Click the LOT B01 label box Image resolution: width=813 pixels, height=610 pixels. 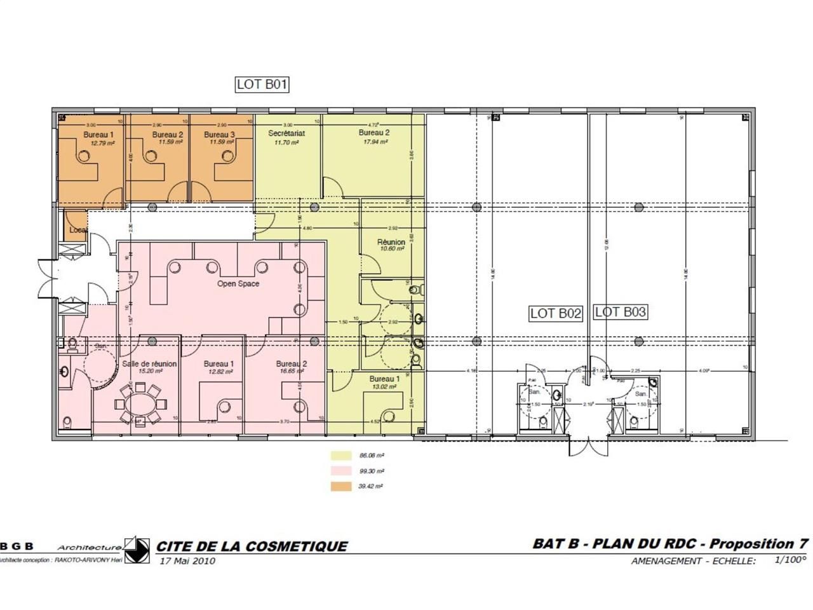pyautogui.click(x=262, y=84)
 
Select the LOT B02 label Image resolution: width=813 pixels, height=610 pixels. pyautogui.click(x=556, y=313)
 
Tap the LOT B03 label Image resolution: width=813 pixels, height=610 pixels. pyautogui.click(x=621, y=311)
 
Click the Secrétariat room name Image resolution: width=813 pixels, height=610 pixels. pyautogui.click(x=286, y=133)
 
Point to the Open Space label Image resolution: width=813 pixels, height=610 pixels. pyautogui.click(x=238, y=283)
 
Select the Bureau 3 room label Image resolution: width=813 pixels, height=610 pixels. pyautogui.click(x=219, y=135)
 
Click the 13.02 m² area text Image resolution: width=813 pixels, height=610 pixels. pyautogui.click(x=384, y=387)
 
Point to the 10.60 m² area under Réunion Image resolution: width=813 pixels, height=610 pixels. pyautogui.click(x=391, y=249)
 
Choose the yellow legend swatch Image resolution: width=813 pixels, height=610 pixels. pyautogui.click(x=340, y=456)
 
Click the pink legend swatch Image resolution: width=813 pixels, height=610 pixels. pyautogui.click(x=340, y=471)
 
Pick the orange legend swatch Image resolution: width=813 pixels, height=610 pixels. pyautogui.click(x=340, y=486)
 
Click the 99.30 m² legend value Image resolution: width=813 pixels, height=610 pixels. pyautogui.click(x=372, y=471)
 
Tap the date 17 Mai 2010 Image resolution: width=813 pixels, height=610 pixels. pyautogui.click(x=187, y=560)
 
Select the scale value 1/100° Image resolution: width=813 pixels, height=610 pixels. pyautogui.click(x=789, y=560)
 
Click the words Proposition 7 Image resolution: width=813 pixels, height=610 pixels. pyautogui.click(x=759, y=544)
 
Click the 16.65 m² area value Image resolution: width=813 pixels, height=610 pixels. pyautogui.click(x=292, y=371)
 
